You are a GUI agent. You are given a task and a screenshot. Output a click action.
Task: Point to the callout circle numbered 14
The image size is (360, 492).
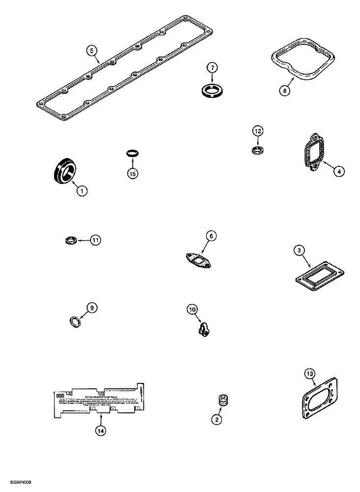tap(101, 430)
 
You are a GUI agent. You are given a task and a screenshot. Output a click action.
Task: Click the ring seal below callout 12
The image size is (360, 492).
tap(258, 149)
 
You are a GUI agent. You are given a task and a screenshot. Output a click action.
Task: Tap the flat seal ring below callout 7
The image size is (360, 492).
tap(212, 91)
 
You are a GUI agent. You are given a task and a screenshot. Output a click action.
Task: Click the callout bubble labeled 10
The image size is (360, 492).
tap(193, 309)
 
